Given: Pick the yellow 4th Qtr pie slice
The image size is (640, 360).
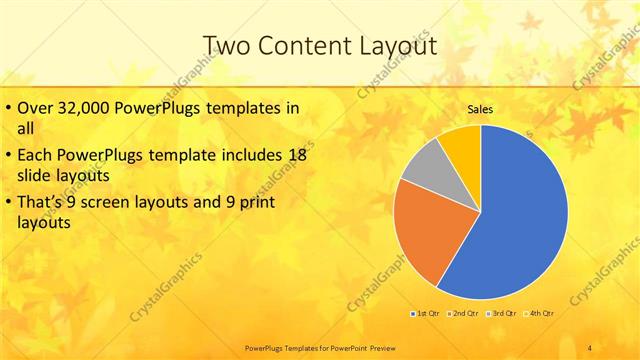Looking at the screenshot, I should point(462,145).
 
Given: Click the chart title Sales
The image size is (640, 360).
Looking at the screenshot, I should point(480,109).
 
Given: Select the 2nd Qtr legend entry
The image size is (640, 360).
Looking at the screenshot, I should point(462,314).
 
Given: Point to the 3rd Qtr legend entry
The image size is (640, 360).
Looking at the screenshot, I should point(502,314).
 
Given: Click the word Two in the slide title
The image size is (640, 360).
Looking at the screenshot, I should point(226,45).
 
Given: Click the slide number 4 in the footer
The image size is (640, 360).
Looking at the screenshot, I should point(590,348).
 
